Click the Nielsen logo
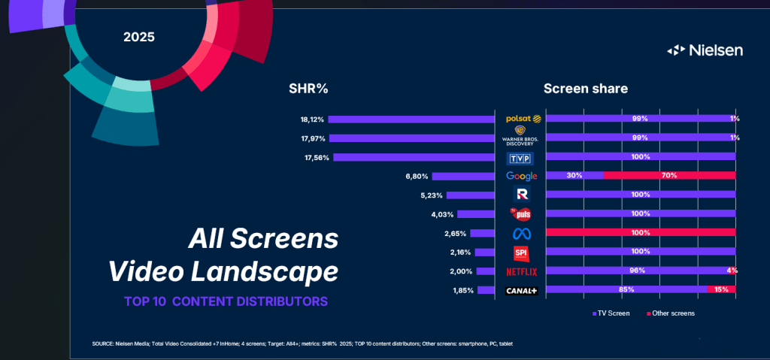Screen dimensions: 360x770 click(705, 50)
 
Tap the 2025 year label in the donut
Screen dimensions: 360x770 click(139, 36)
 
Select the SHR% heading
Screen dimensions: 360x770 click(308, 89)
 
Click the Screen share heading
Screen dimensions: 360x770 click(586, 89)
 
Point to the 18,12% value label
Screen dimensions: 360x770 click(312, 119)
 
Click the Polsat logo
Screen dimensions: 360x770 click(523, 119)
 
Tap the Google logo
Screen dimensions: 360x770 click(522, 176)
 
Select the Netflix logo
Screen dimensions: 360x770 click(522, 271)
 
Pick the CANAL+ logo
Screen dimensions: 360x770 click(522, 290)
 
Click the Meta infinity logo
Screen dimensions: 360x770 click(522, 233)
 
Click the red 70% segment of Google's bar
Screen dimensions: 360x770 click(669, 176)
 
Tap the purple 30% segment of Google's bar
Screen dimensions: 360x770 click(574, 176)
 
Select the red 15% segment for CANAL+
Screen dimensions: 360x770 click(721, 289)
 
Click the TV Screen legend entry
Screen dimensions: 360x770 click(611, 313)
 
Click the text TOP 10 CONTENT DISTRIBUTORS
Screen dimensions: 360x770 click(226, 302)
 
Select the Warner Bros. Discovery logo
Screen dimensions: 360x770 click(522, 138)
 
